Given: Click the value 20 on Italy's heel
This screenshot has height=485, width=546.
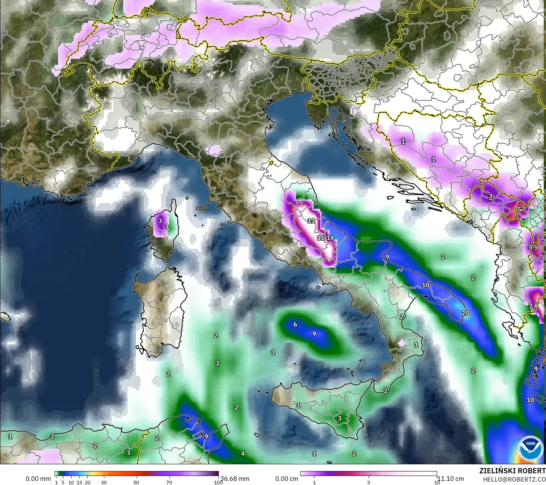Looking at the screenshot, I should [465, 313].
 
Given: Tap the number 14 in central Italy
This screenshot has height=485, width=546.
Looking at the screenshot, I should [330, 238].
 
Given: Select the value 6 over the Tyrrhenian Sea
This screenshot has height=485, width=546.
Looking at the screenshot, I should [295, 324].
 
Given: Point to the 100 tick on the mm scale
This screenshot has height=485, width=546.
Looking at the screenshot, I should [218, 482].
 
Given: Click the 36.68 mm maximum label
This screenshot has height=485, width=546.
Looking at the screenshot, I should [235, 479].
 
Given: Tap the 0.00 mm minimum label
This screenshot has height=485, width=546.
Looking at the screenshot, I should [38, 479].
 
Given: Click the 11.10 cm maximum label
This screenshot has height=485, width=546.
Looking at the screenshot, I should [450, 479].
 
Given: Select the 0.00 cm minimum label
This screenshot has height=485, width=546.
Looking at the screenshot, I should [287, 479].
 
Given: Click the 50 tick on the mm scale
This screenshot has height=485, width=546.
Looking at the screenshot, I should [136, 482].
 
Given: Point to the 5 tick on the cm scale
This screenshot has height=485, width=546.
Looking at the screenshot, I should [369, 482].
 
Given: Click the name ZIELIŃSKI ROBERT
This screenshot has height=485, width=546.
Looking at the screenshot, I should [512, 471].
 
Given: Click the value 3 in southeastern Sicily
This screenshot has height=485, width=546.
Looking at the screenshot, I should [339, 418].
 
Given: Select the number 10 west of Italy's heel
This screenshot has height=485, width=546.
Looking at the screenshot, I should [426, 285].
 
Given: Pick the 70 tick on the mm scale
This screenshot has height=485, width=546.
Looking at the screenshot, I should [169, 482].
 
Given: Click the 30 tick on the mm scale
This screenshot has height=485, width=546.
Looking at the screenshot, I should [104, 482].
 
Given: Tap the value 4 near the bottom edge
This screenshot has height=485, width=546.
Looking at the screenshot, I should [243, 453].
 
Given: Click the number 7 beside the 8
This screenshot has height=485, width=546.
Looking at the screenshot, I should [530, 306].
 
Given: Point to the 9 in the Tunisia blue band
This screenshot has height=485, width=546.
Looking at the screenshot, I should [206, 436].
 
